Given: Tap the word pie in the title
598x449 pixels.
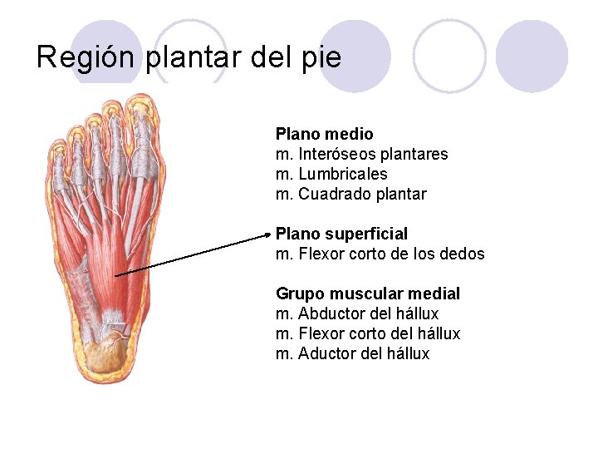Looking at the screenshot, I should pos(322,57).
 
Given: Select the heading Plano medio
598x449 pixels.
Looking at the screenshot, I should pos(324,134).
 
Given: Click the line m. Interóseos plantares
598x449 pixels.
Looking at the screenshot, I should pos(361,154).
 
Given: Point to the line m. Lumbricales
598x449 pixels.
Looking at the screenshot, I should pos(331,174).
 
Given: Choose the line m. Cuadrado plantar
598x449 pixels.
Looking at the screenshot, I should pos(350,194).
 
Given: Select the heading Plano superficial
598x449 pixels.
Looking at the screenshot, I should pos(341,234).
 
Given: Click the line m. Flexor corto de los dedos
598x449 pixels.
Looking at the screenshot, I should pos(380,254).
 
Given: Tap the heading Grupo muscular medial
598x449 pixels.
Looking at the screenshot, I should pos(367,294).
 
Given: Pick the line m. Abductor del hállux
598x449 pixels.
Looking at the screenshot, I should pos(357,313).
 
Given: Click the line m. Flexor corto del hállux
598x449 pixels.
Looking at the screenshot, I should pos(367,333).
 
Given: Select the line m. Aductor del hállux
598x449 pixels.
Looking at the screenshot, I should pos(352,353).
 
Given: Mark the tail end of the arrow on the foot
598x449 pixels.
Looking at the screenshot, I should pos(115,275).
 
